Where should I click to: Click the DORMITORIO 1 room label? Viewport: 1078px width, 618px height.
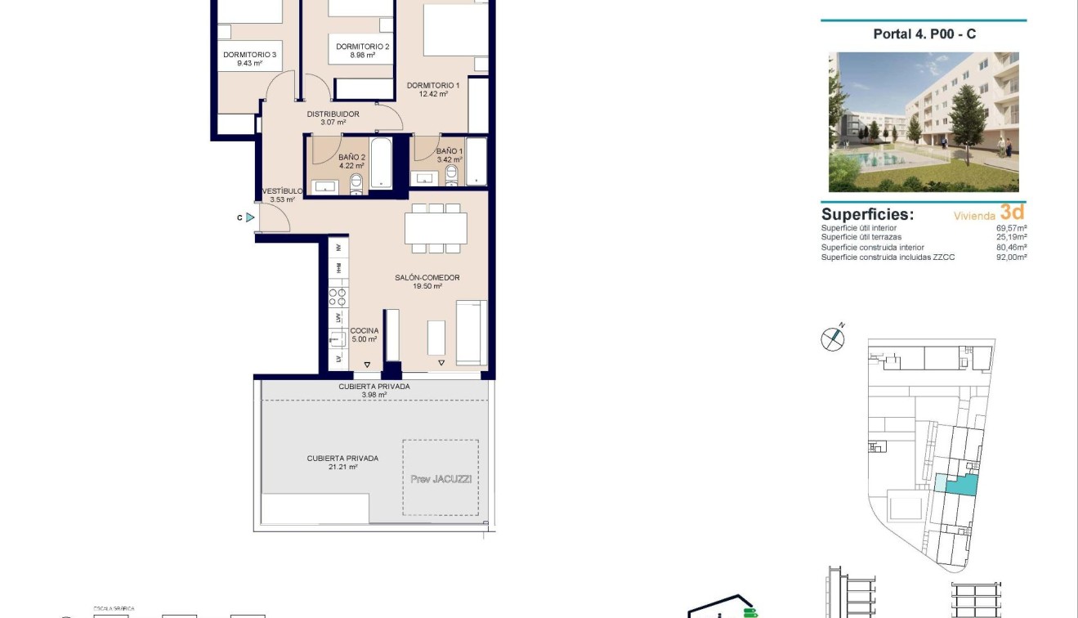tap(433, 86)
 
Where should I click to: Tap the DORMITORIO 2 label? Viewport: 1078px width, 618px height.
tap(356, 47)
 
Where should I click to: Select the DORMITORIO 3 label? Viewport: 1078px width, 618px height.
tap(249, 56)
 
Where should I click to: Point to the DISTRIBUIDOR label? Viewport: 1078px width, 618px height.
tap(333, 114)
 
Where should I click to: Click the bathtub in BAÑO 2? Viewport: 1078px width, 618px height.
tap(381, 163)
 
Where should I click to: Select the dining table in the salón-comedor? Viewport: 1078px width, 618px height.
tap(436, 228)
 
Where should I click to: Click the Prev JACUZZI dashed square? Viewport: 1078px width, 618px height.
tap(441, 478)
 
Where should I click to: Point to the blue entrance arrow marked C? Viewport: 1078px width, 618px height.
tap(250, 217)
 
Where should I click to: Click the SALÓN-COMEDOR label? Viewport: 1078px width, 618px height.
tap(427, 278)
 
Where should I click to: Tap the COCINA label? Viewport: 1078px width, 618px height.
tap(364, 331)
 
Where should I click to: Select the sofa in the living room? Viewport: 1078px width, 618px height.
tap(472, 333)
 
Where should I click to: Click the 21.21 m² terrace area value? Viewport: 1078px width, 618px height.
tap(342, 467)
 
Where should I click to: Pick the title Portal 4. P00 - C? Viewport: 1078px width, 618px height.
tap(924, 34)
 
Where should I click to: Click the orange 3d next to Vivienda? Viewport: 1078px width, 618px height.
tap(1012, 213)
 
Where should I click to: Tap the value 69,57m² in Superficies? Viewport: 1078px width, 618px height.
tap(1011, 228)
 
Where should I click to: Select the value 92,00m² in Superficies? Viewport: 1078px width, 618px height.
tap(1011, 257)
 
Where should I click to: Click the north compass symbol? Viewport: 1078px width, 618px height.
tap(832, 338)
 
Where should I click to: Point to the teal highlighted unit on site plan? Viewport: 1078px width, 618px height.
tap(962, 486)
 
